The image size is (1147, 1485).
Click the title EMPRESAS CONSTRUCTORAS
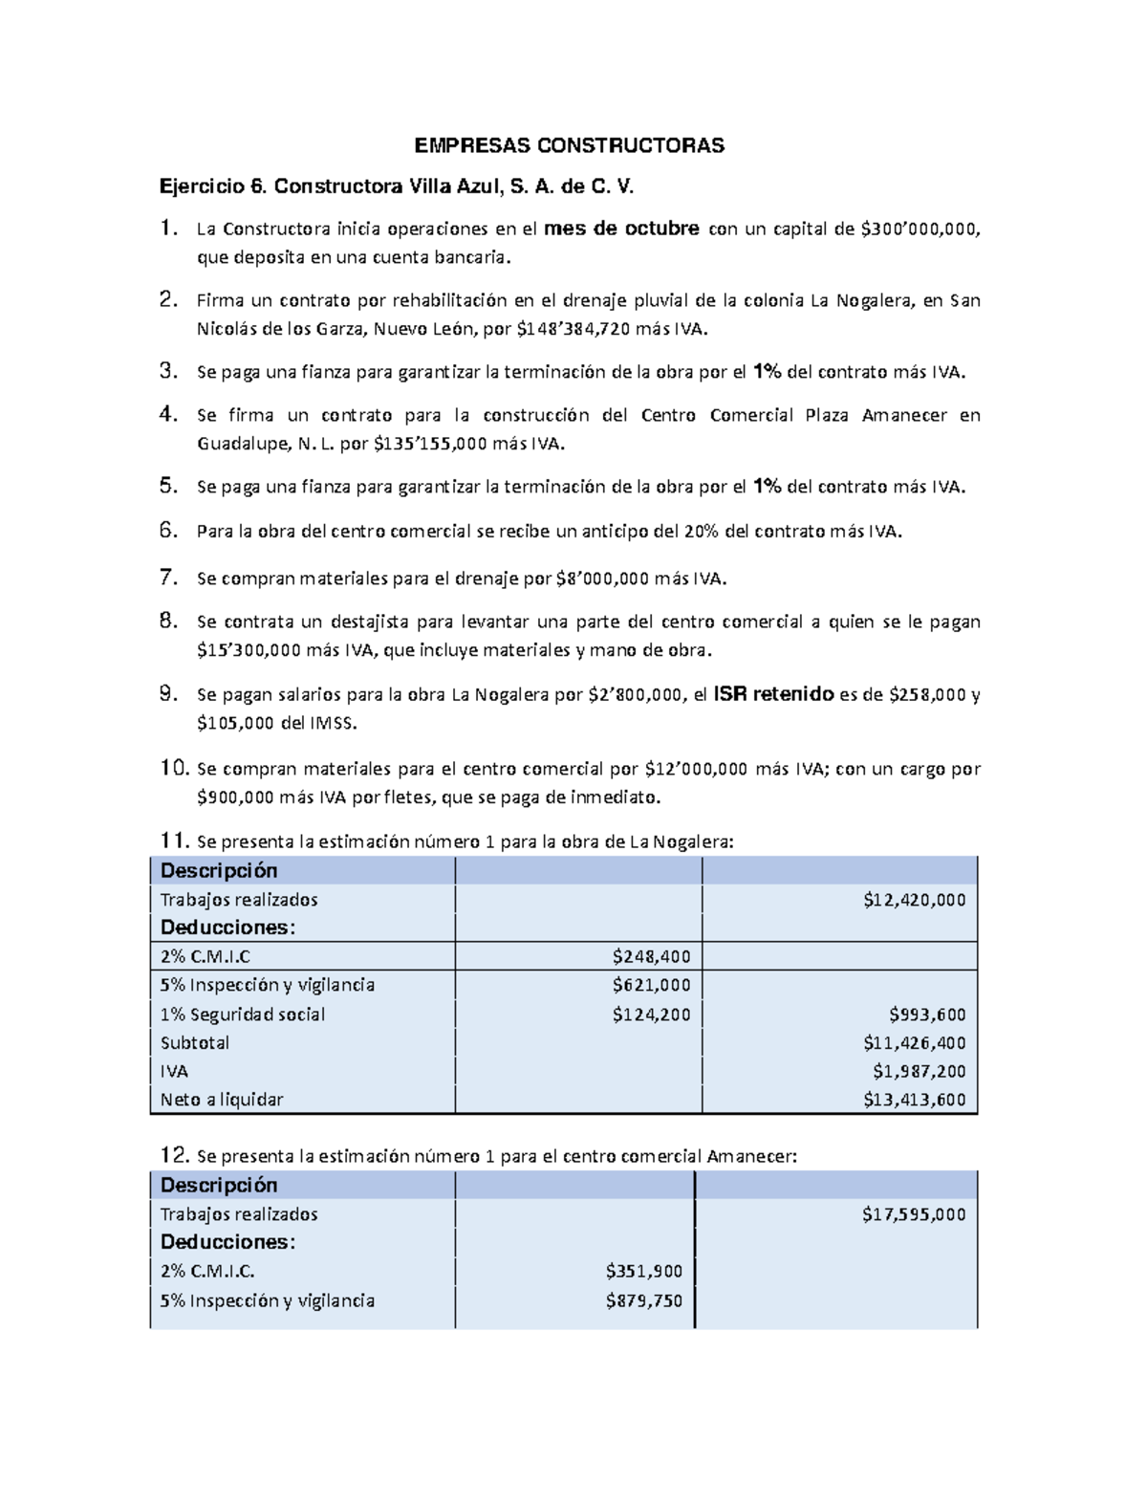(569, 145)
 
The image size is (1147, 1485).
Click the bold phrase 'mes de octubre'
(621, 229)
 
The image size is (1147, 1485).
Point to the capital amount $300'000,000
(920, 229)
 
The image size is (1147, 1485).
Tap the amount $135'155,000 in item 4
(429, 444)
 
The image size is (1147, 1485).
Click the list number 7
(168, 577)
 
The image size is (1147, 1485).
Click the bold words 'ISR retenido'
(773, 694)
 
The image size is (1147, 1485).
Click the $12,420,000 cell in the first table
(914, 900)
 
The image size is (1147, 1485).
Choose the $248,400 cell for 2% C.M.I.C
(651, 956)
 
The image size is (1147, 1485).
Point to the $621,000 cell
(651, 985)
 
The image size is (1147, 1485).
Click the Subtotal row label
(195, 1043)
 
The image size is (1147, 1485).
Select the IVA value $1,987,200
(919, 1072)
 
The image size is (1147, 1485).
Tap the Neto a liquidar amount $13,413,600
(914, 1100)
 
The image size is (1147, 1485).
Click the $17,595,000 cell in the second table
(913, 1214)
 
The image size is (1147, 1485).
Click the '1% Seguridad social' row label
(243, 1015)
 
